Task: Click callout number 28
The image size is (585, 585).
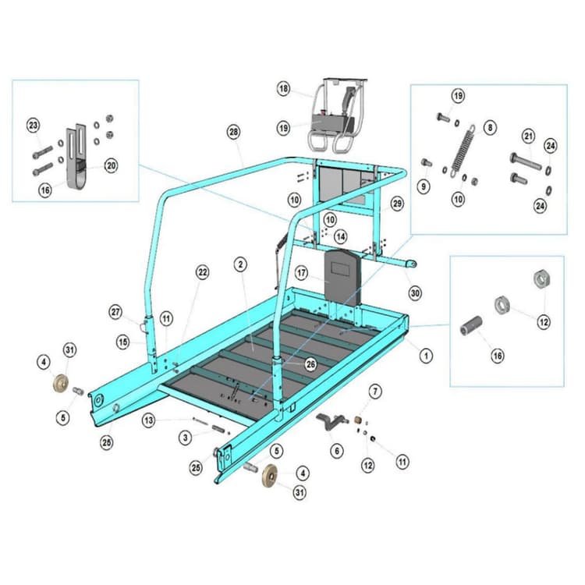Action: coord(233,132)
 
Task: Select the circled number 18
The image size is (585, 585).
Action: coord(283,89)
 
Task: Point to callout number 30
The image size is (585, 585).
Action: coord(414,292)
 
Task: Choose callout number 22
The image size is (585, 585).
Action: coord(203,272)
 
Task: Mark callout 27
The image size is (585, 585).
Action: coord(116,313)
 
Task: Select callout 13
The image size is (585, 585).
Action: coord(148,420)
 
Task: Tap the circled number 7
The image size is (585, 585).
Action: coord(375,390)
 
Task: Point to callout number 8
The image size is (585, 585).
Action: coord(490,126)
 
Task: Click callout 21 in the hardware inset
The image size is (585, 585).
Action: coord(528,137)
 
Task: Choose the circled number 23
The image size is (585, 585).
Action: coord(33,126)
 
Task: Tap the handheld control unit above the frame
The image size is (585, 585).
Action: coord(334,117)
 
